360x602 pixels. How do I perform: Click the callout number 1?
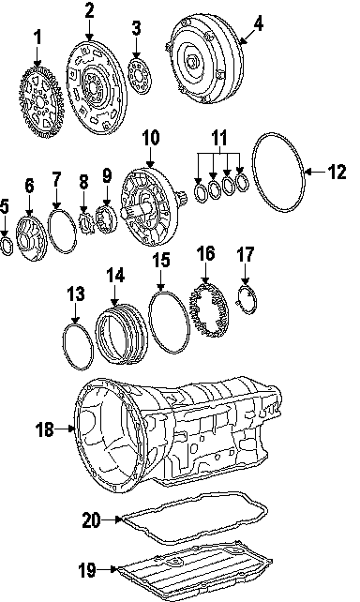(37, 38)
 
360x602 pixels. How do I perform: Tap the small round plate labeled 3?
(140, 76)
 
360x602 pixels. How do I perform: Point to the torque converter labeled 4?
(205, 58)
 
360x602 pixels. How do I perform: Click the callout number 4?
(259, 24)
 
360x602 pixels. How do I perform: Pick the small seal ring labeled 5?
(7, 246)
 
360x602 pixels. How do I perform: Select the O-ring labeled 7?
(62, 232)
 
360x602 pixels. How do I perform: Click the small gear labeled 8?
(86, 223)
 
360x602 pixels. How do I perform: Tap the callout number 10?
(150, 138)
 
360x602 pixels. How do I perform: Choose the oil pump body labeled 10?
(146, 206)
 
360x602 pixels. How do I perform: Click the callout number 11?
(219, 137)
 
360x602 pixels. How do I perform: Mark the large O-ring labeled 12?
(278, 173)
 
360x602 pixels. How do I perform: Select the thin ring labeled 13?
(78, 347)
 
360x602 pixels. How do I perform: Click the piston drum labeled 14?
(121, 333)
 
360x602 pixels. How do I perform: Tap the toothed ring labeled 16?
(209, 309)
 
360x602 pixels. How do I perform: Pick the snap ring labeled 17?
(247, 300)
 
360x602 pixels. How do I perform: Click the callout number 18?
(44, 429)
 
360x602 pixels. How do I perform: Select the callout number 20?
(91, 520)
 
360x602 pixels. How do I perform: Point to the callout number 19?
(87, 570)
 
